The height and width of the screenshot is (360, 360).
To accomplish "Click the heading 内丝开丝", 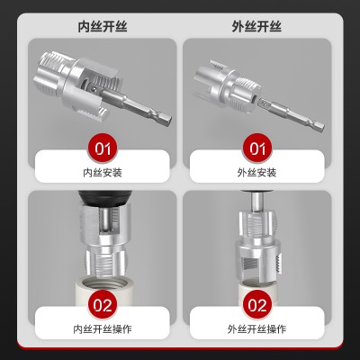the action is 103,27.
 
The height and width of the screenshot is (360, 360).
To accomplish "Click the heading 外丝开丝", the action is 256,27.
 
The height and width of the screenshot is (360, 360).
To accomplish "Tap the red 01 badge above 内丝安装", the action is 103,148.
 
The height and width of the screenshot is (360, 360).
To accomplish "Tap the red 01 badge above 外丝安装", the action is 257,148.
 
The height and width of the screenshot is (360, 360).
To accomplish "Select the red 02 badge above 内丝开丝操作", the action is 103,305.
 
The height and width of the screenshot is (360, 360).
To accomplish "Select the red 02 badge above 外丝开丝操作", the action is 257,305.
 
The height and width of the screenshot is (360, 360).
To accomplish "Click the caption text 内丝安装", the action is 103,173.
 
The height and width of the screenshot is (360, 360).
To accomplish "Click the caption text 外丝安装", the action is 256,173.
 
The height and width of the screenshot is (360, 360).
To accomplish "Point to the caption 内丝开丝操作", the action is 103,329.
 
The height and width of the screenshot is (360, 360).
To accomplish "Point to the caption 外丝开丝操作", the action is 256,329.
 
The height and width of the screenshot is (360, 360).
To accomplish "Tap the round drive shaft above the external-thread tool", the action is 257,201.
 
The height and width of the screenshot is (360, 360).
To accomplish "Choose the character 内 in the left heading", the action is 84,27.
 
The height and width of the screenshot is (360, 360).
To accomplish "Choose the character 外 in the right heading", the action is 238,27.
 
